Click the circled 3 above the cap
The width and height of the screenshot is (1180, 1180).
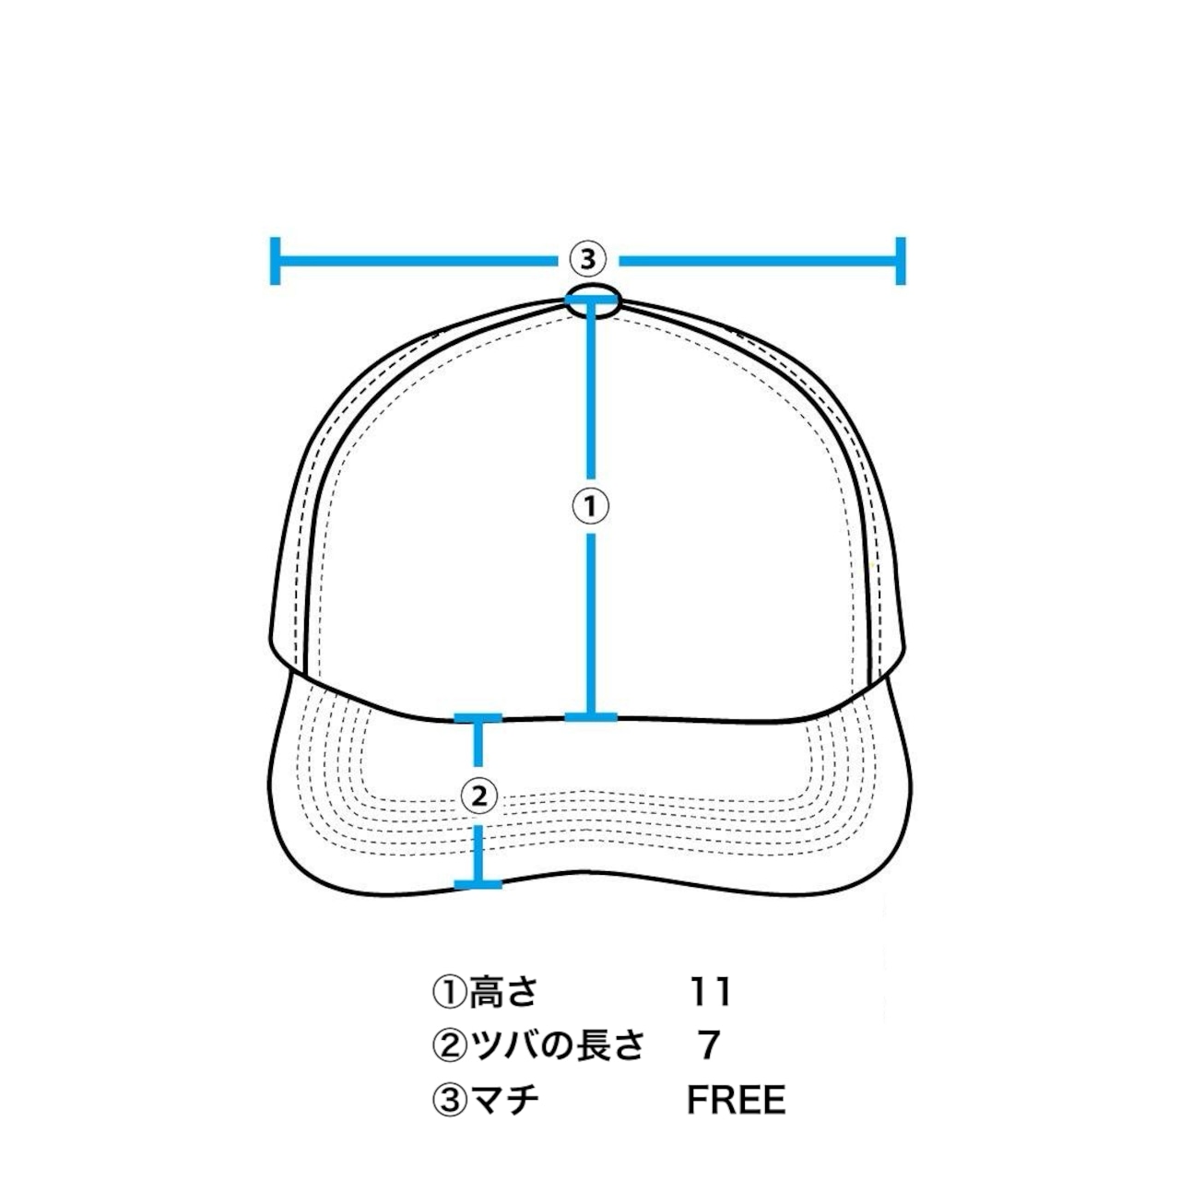587,260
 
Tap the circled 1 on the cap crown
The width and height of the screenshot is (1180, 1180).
591,506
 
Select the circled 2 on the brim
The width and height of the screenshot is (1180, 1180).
478,796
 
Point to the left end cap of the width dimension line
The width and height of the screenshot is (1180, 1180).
275,260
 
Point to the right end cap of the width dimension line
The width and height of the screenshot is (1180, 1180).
900,260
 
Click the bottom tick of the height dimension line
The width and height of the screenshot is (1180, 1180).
591,716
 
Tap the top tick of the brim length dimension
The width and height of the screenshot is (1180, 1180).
478,717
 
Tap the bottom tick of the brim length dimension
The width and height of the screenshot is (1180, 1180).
478,885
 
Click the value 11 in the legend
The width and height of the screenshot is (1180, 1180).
710,992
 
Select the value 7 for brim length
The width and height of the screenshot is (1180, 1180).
708,1045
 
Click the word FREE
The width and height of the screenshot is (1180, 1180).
736,1100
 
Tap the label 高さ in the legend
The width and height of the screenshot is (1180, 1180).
502,992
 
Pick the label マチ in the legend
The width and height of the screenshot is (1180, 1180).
504,1100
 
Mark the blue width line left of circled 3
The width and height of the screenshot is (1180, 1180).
415,260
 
